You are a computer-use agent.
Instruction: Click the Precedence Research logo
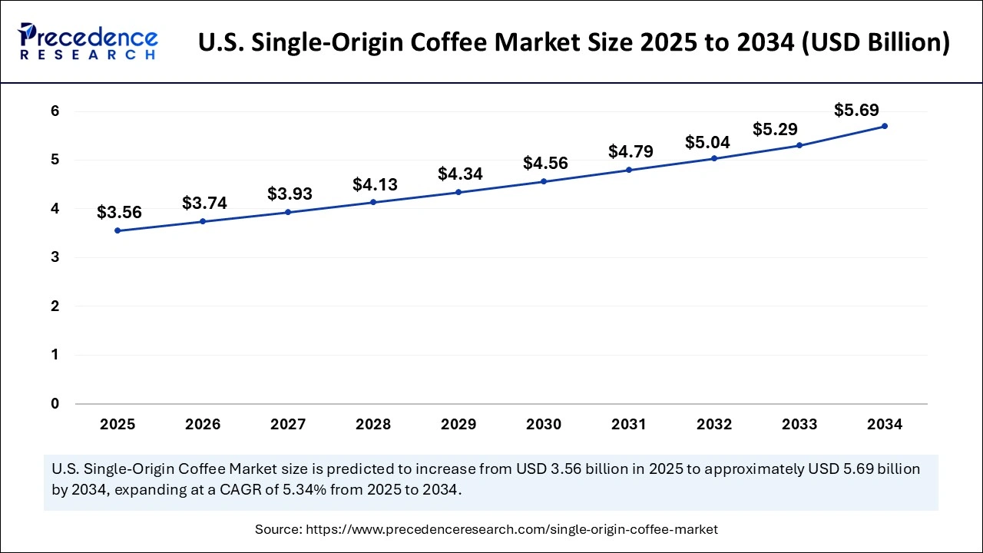click(88, 41)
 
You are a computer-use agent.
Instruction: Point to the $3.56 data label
click(119, 213)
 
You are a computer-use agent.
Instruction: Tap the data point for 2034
click(885, 126)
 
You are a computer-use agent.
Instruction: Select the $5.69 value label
click(856, 110)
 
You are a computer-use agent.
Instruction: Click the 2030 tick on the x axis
click(543, 424)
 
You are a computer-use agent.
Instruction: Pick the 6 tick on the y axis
click(55, 111)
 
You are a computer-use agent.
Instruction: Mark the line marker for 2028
click(373, 202)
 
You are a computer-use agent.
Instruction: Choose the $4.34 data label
click(460, 174)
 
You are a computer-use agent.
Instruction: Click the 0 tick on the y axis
click(55, 403)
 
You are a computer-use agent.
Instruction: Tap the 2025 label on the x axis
click(117, 424)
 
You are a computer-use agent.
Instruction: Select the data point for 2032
click(714, 158)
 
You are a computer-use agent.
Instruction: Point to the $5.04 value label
click(707, 142)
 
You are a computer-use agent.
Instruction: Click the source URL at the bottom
click(511, 528)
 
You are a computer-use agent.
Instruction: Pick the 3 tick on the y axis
click(55, 257)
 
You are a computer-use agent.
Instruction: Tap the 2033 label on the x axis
click(799, 424)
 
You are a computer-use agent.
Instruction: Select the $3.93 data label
click(290, 194)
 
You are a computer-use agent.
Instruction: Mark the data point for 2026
click(203, 221)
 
